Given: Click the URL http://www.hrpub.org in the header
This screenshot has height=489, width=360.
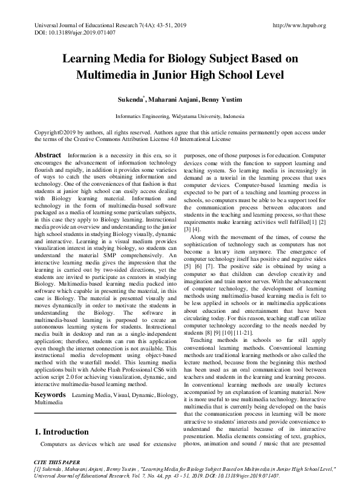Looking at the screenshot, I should (299, 25).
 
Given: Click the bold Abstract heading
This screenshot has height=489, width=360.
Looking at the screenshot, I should (48, 156).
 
